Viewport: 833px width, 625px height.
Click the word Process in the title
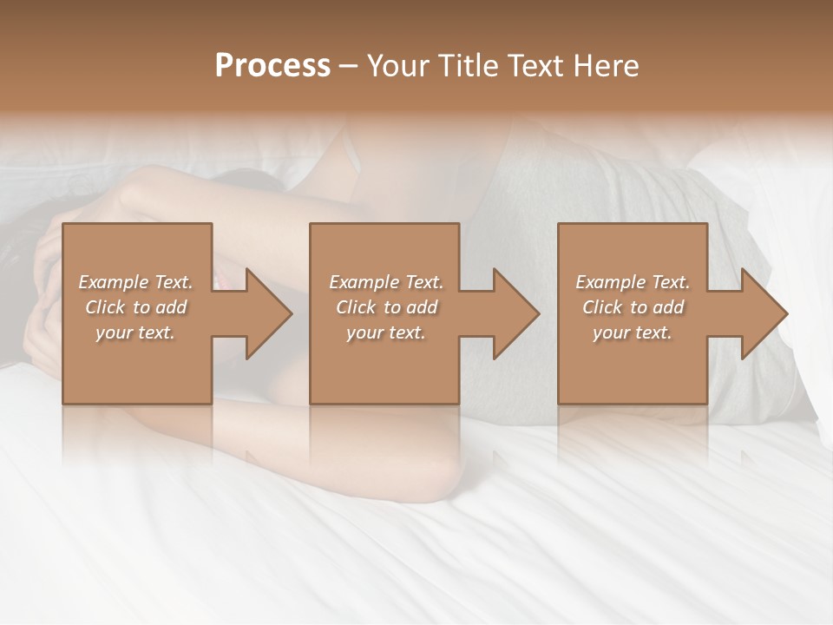point(272,66)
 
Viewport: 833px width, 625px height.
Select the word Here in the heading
point(606,66)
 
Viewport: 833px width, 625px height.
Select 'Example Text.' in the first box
point(135,282)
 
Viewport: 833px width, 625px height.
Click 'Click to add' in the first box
point(135,307)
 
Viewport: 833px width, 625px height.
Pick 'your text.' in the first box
point(135,332)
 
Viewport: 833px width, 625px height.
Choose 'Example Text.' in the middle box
point(386,282)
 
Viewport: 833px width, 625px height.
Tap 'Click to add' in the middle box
point(386,307)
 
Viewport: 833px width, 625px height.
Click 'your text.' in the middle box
point(386,332)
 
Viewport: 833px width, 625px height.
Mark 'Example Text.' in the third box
point(633,282)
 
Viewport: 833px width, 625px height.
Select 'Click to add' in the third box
point(633,307)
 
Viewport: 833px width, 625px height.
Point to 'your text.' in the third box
point(633,332)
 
